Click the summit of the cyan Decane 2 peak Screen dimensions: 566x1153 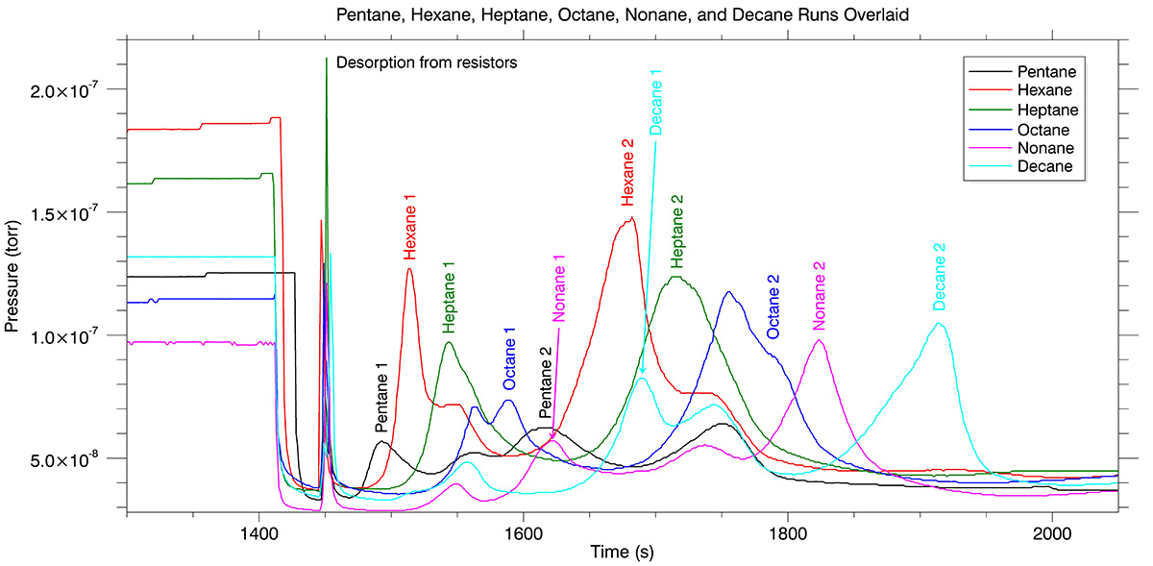(939, 324)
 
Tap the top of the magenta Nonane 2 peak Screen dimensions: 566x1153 (819, 340)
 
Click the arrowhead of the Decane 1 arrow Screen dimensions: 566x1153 (642, 373)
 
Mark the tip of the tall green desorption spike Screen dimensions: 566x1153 (327, 59)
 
